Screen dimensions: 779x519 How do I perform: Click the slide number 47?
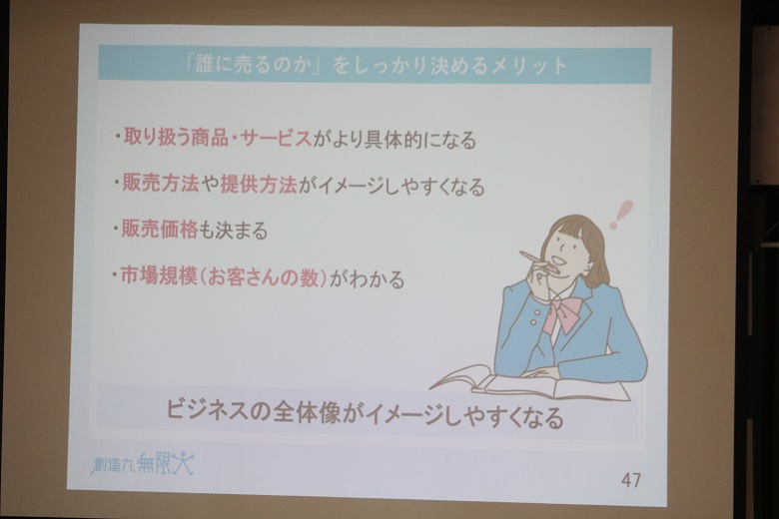tap(631, 480)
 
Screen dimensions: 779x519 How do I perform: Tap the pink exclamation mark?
tap(620, 214)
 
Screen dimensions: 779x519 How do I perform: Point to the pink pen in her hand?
tap(535, 260)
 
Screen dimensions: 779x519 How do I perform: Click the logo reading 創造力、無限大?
tap(143, 464)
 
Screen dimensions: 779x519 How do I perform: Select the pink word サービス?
tap(276, 138)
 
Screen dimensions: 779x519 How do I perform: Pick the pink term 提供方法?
tap(259, 185)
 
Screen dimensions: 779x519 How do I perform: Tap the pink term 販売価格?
tap(160, 230)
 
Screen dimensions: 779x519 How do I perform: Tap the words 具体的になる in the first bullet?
tap(419, 139)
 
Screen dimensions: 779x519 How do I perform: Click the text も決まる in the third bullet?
tap(233, 230)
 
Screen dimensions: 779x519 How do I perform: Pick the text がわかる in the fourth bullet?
tap(367, 278)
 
